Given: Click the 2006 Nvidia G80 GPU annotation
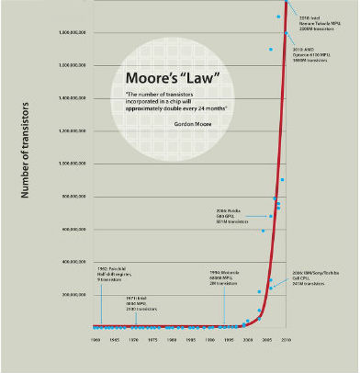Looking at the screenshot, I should [229, 215].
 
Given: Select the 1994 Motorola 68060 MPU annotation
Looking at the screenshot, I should [224, 278].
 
